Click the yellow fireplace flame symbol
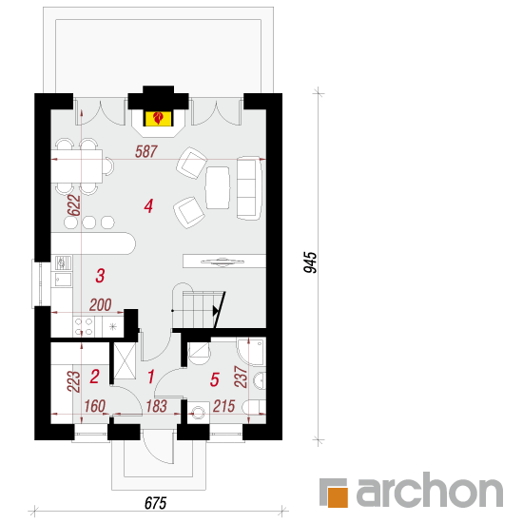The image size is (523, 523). point(159,119)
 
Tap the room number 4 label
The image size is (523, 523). point(148,206)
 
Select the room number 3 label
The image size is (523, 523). point(100,276)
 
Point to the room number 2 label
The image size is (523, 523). point(95,377)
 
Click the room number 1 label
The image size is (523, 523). point(151,377)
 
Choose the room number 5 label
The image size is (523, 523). point(215,379)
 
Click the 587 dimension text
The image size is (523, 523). point(146,151)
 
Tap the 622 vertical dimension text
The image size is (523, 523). point(74,205)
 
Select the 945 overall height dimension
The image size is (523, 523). point(310,262)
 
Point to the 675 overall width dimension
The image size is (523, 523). point(155,503)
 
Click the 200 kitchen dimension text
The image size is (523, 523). point(101,305)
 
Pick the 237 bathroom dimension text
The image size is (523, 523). point(241,377)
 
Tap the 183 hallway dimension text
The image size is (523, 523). point(157,406)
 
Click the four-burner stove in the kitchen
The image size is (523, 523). point(84,326)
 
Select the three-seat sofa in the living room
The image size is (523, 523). point(249,188)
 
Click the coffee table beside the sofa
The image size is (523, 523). point(218,187)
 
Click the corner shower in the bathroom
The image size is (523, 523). point(252,351)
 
